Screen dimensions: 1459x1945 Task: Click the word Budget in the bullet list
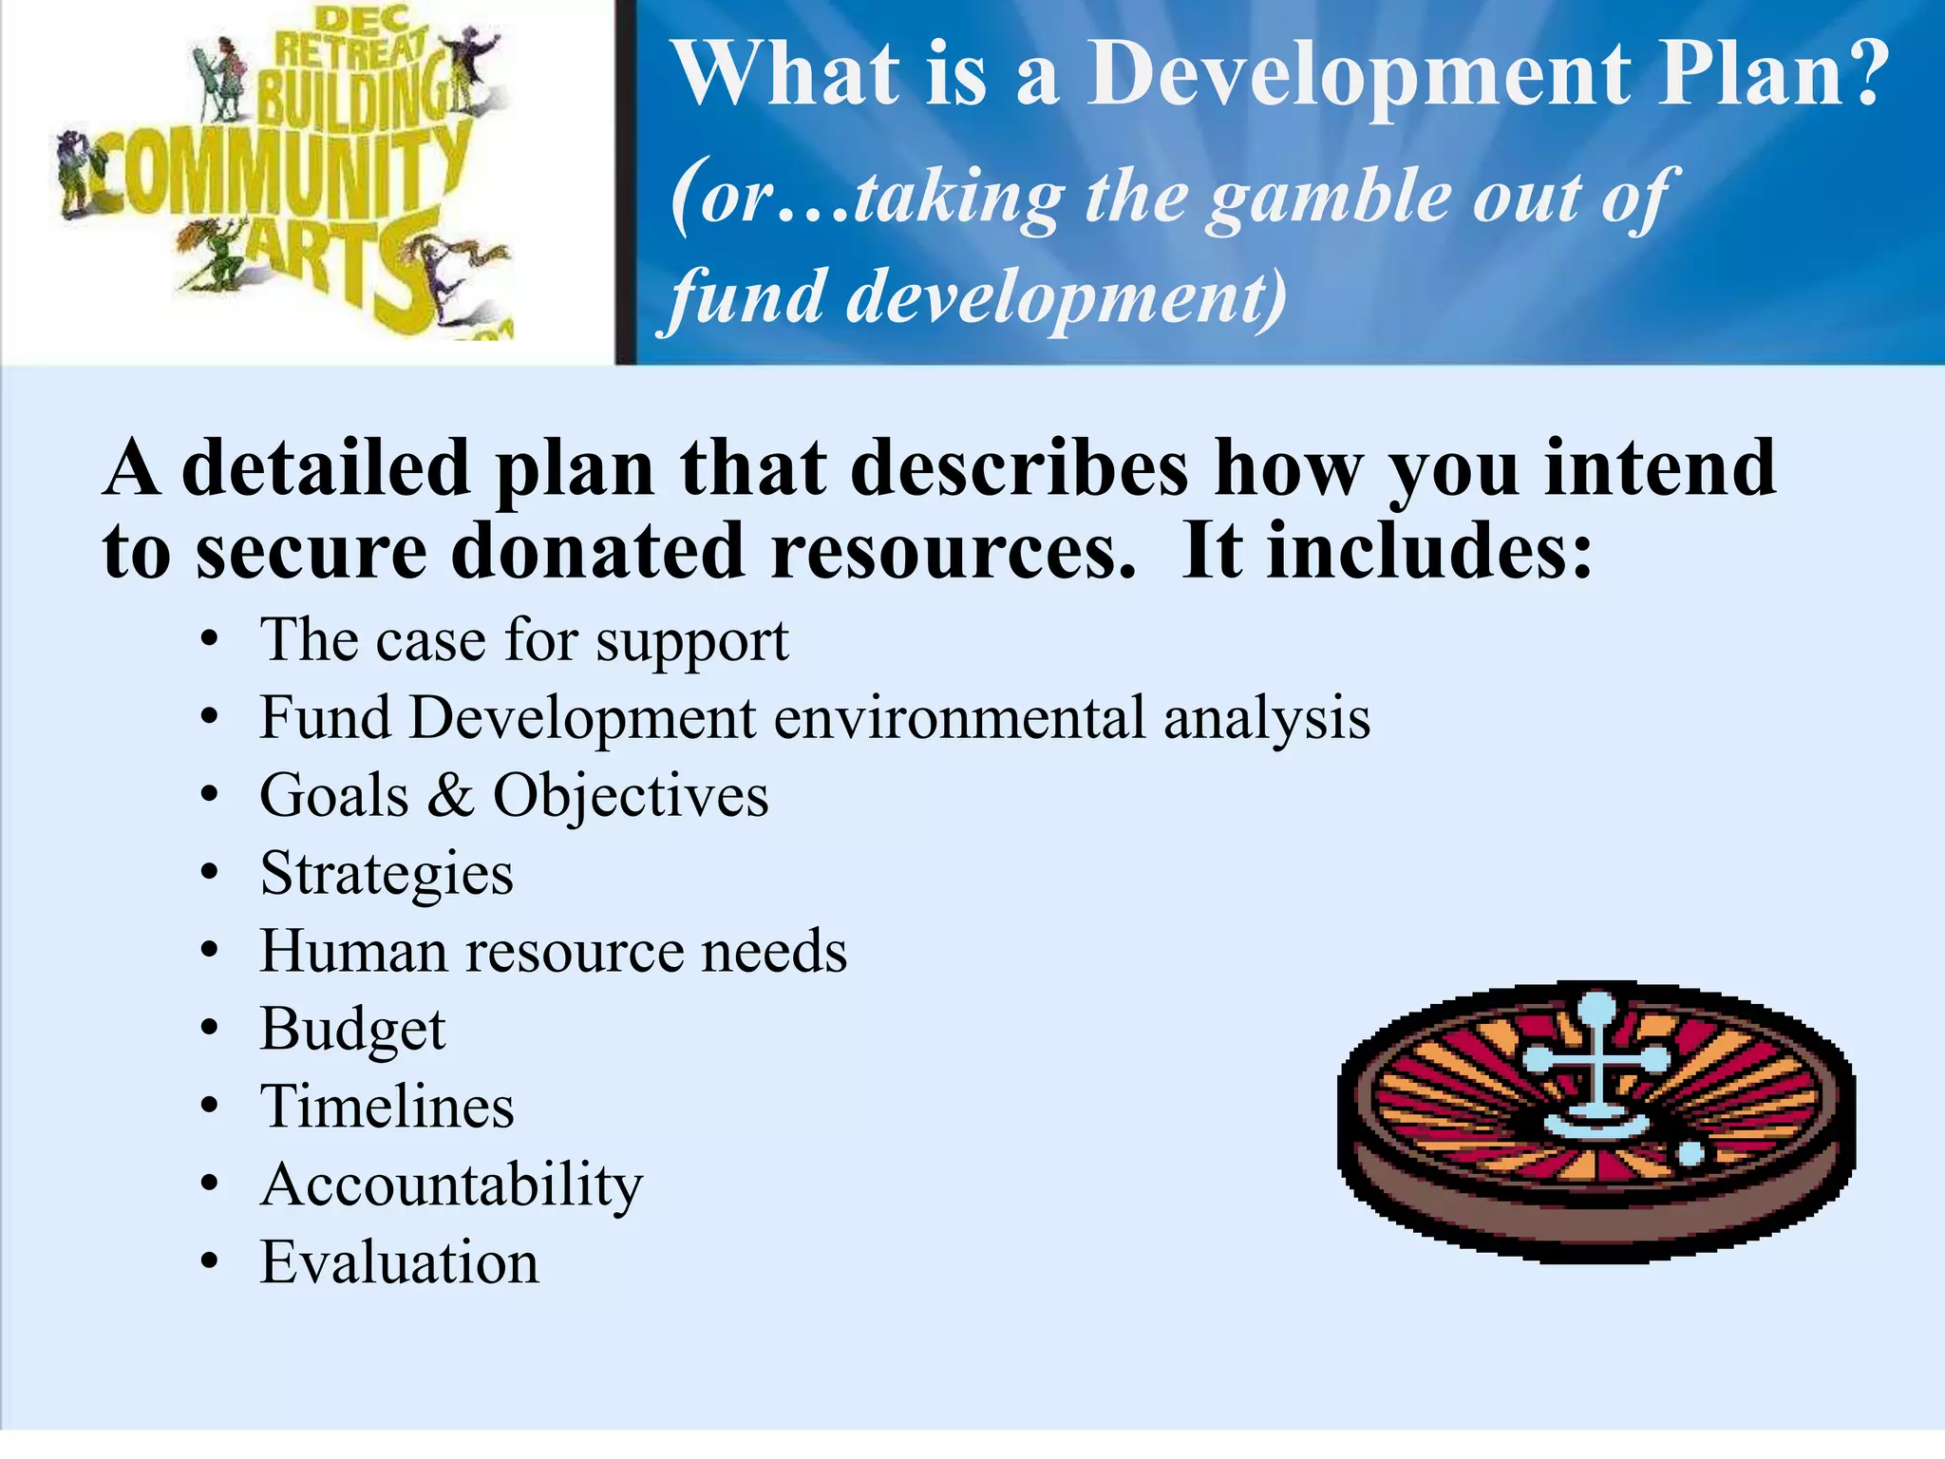coord(352,1030)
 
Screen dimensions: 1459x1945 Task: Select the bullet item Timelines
coord(387,1108)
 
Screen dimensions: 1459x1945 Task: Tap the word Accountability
coord(451,1185)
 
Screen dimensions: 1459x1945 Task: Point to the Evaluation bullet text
coord(399,1263)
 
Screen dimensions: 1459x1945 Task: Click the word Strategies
coord(387,874)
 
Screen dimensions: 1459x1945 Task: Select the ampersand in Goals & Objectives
coord(450,796)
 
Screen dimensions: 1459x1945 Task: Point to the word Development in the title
coord(1358,76)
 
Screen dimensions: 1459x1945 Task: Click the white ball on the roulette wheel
coord(1691,1153)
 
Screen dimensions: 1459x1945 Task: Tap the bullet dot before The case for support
coord(210,641)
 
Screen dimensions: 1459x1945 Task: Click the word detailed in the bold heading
coord(325,469)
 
